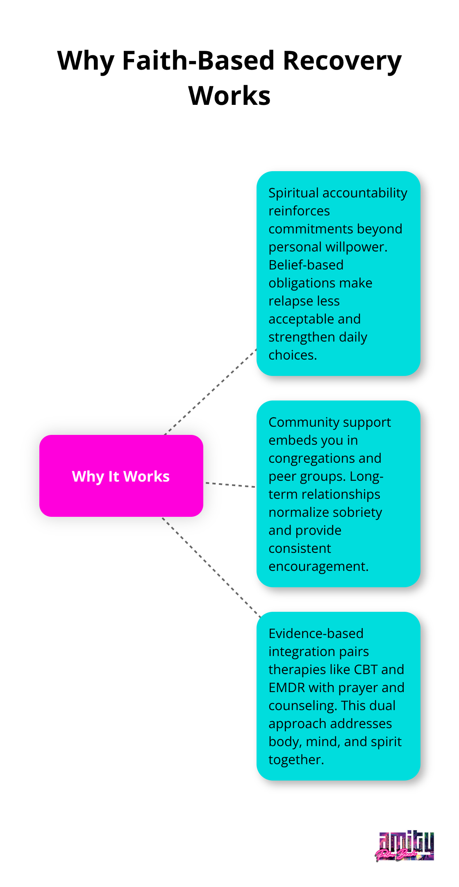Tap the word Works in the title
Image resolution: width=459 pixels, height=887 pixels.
tap(229, 96)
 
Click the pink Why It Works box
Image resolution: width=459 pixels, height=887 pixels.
tap(121, 476)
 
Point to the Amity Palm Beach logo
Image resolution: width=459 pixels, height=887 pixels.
tap(405, 846)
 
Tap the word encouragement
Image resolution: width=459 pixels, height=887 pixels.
tap(318, 566)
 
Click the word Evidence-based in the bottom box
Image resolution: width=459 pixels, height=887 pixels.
tap(316, 634)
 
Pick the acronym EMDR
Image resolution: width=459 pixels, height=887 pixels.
tap(286, 688)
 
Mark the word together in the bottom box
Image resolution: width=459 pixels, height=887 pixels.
tap(295, 760)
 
